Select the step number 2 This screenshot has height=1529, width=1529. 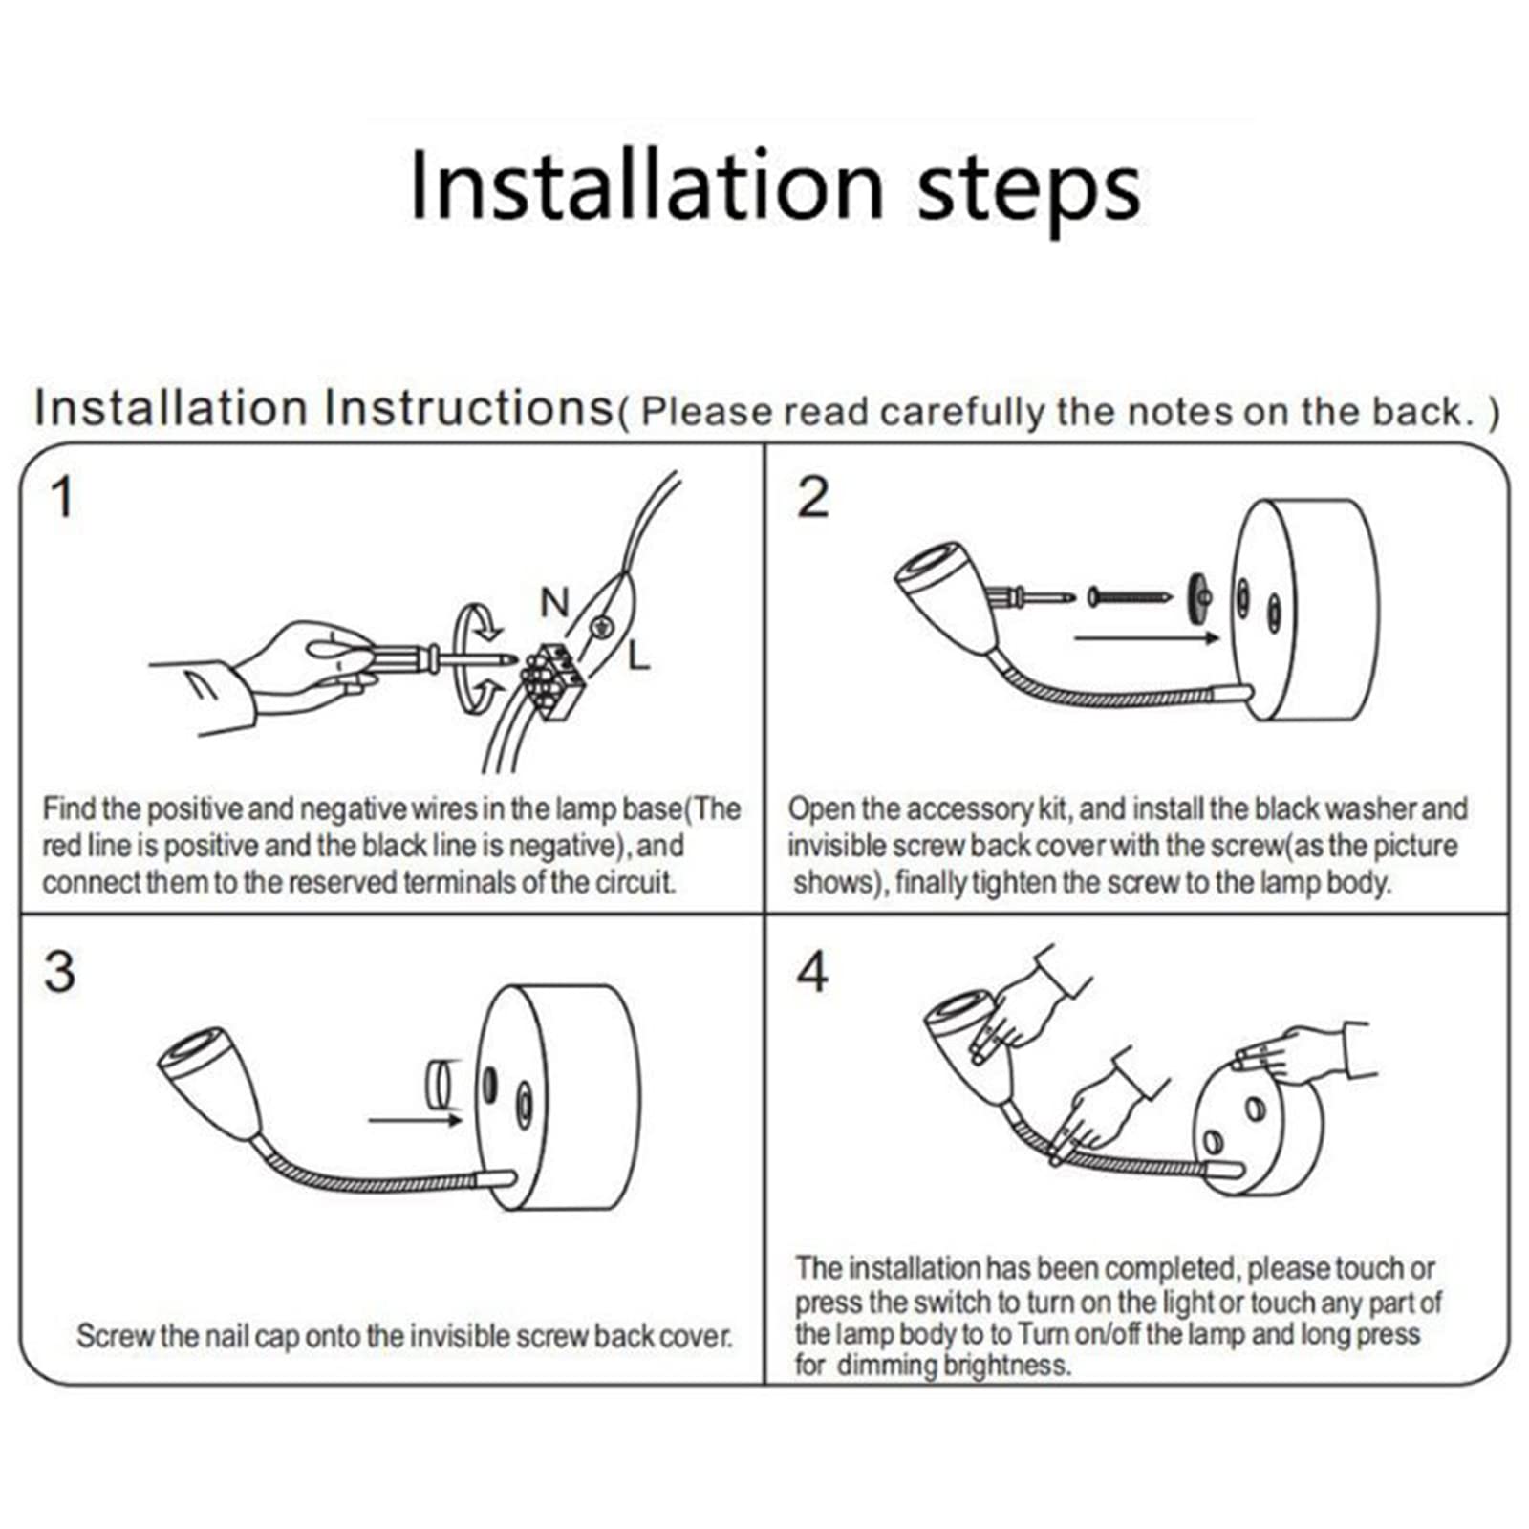coord(813,498)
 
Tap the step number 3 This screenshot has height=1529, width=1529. coord(59,972)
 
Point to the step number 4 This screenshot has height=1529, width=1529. coord(812,972)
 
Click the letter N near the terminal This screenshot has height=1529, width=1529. coord(554,603)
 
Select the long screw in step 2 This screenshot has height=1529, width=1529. coord(1130,598)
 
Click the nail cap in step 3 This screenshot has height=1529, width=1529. coord(440,1085)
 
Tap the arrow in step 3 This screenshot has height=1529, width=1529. coord(416,1119)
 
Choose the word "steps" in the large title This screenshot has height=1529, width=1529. coord(1028,191)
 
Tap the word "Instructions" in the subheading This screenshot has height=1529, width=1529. coord(468,408)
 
